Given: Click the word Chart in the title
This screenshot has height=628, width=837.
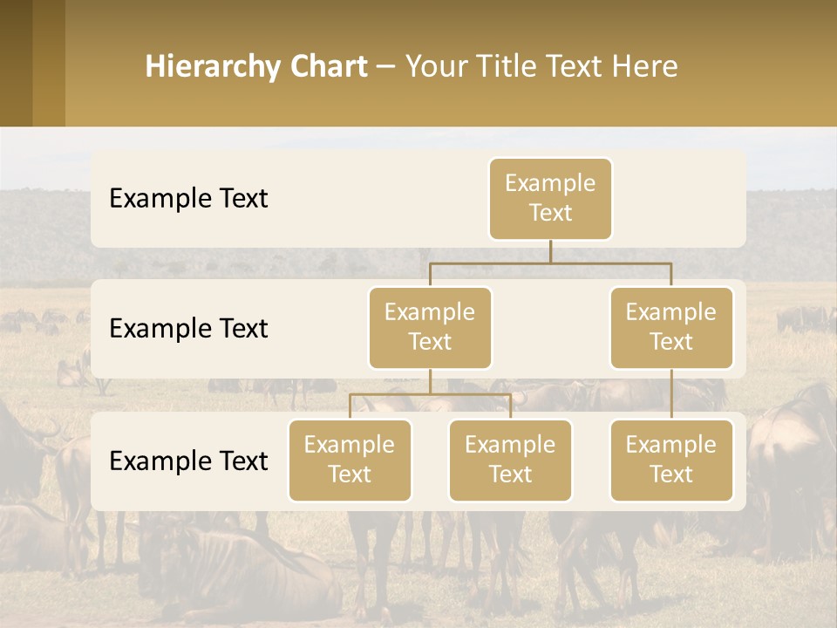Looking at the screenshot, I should pos(326,66).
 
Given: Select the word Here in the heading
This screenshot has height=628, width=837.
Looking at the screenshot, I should pos(646,66).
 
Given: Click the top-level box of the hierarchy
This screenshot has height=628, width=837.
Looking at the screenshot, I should pos(550,199).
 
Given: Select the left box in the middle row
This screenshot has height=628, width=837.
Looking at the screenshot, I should pos(430,327).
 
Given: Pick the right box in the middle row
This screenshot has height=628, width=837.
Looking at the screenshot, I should pos(671,327).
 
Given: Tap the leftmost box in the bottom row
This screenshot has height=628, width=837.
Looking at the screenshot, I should pos(350,460).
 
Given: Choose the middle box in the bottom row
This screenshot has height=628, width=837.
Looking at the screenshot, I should pos(510,460).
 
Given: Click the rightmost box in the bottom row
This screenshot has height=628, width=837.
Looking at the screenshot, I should pos(671,460).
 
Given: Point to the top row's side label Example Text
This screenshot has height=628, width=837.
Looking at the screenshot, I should pos(188,199).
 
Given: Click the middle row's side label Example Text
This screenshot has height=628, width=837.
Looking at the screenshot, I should pos(188,329).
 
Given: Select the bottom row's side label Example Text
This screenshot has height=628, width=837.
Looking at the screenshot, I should pos(188,461).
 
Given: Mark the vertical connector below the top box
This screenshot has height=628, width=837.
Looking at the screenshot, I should pos(550,251).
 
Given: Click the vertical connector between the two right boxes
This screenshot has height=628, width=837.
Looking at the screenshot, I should pos(671,394).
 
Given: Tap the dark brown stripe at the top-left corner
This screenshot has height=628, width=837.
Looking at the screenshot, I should pos(16,63).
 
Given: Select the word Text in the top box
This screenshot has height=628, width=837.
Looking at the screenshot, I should pos(550,213).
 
